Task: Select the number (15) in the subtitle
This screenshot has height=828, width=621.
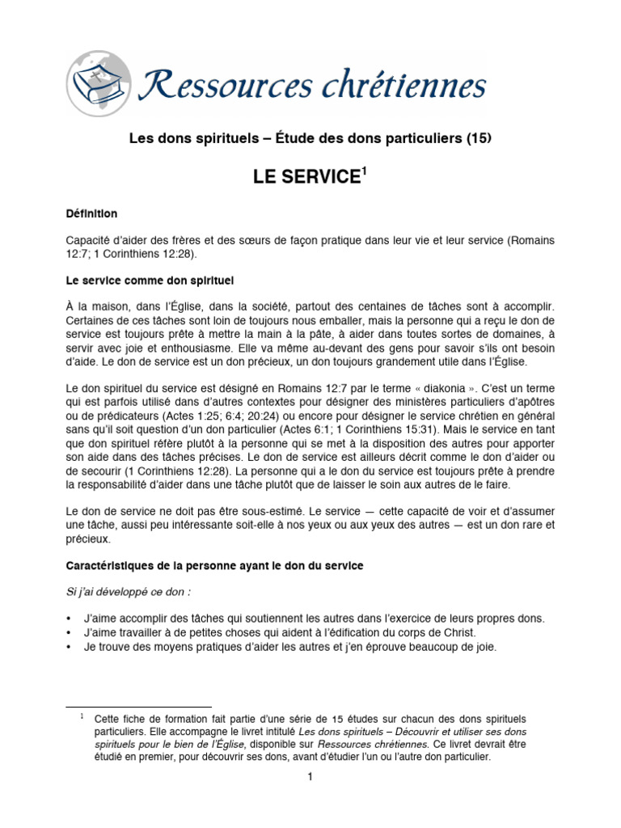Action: [478, 138]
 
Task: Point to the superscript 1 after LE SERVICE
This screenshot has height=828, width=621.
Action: [364, 171]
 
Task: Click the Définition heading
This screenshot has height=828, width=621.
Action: [91, 214]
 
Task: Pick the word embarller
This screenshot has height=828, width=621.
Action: [346, 321]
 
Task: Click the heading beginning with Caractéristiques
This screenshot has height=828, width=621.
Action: [214, 567]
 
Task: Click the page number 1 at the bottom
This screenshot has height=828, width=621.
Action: [309, 777]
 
